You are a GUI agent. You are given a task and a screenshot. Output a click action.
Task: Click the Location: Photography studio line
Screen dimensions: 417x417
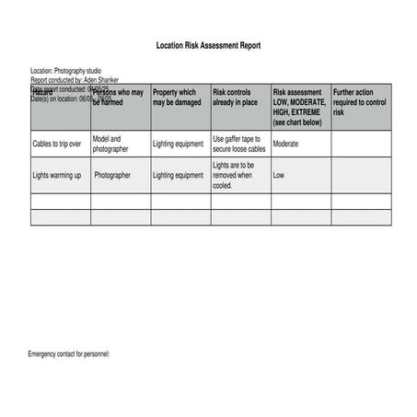[x=66, y=71]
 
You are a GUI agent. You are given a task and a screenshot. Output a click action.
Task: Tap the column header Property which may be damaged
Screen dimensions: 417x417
[x=175, y=98]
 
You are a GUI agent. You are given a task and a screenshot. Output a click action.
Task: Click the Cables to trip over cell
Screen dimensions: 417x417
[x=57, y=145]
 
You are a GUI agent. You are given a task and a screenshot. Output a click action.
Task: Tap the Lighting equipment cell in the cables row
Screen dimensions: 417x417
[x=178, y=145]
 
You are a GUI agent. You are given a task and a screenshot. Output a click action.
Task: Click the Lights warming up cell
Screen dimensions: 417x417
[x=57, y=175]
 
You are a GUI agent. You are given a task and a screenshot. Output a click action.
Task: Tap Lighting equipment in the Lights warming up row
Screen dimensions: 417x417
[x=178, y=175]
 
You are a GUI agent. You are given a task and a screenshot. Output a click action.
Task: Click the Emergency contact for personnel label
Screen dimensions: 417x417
[x=69, y=354]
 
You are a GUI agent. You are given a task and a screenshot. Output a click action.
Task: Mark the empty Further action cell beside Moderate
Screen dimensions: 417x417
[x=361, y=145]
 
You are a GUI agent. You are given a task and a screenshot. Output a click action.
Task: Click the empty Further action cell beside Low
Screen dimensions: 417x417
[x=361, y=175]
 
